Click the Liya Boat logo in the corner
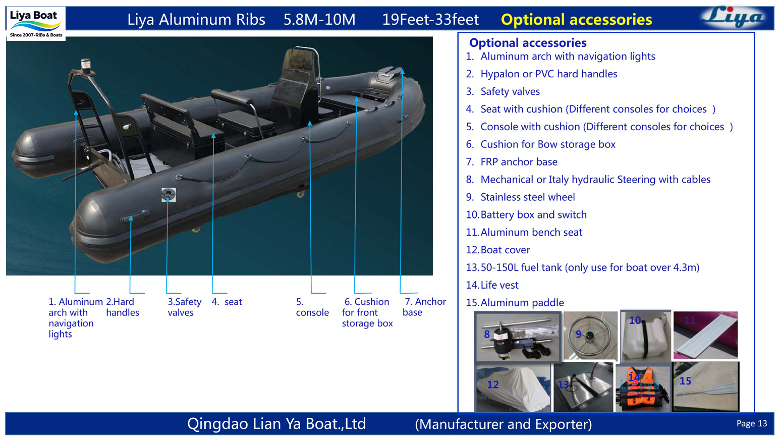coord(35,23)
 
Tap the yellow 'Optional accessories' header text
coord(576,20)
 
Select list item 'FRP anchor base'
coord(519,162)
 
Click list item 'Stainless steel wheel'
coord(527,197)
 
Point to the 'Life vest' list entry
coord(499,285)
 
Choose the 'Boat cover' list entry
coord(505,250)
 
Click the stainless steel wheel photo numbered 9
coord(590,336)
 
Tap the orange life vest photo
coord(643,388)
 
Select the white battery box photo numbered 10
coord(645,336)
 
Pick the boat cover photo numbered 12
coord(513,388)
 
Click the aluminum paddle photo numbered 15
coord(706,387)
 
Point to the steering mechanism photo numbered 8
coord(518,337)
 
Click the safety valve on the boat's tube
coord(169,194)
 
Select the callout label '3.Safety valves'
coord(184,307)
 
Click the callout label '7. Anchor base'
coord(424,307)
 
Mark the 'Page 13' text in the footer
coord(751,423)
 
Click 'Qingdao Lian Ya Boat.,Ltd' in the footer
coord(276,424)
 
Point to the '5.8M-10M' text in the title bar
coord(319,20)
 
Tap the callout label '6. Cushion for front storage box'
coord(367,312)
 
